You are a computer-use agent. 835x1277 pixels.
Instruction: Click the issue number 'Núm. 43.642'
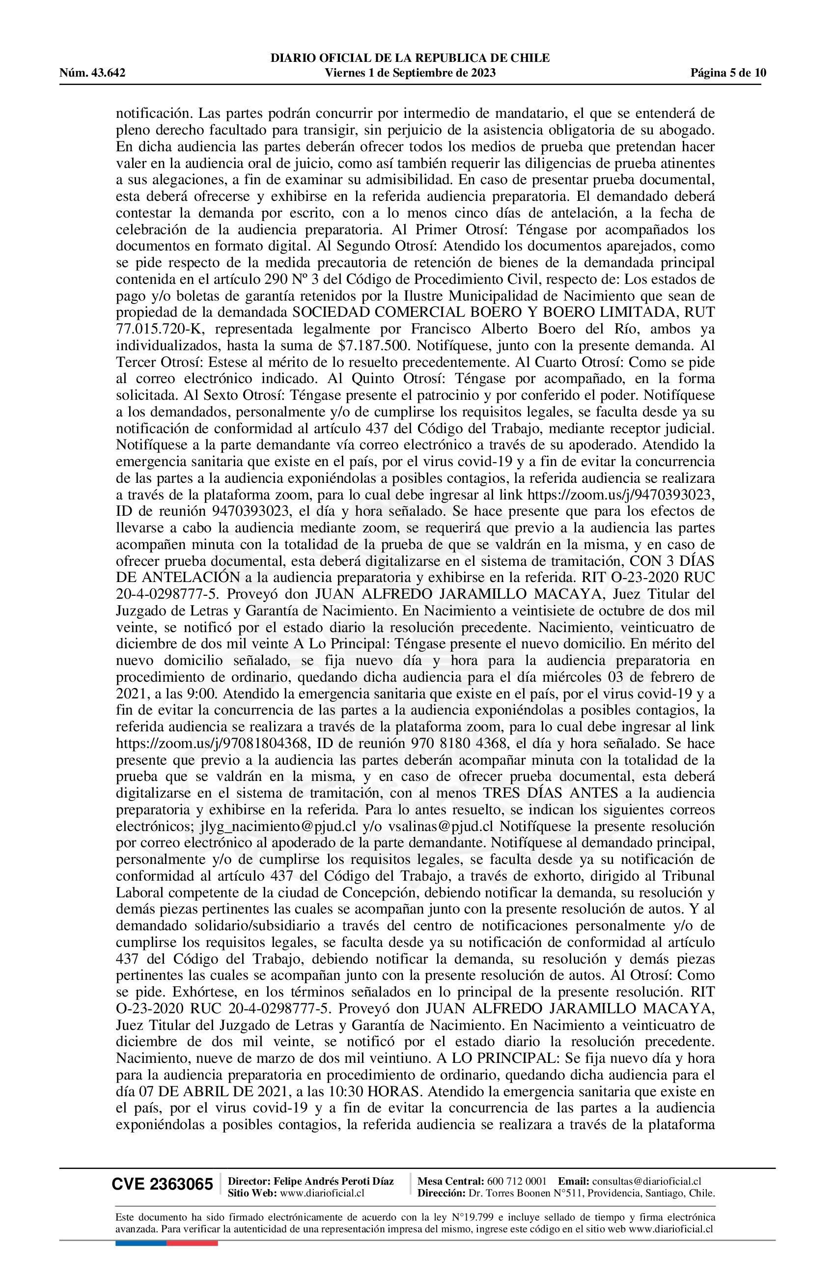(x=92, y=73)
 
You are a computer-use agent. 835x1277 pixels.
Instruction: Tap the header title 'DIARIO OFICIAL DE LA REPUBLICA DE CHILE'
(x=411, y=58)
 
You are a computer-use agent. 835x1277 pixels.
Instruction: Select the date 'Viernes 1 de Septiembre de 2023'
(x=411, y=73)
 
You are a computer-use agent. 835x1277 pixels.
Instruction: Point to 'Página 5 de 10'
(x=728, y=73)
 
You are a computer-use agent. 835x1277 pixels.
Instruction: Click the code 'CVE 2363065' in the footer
(x=162, y=1184)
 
